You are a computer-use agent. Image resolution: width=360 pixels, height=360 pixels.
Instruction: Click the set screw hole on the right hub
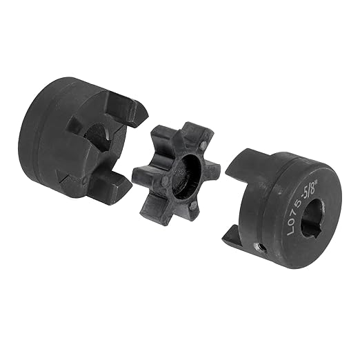click(x=260, y=247)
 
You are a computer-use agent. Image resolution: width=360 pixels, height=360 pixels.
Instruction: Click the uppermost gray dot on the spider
click(x=202, y=145)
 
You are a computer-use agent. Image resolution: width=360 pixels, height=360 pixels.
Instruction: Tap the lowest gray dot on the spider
click(x=193, y=206)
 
